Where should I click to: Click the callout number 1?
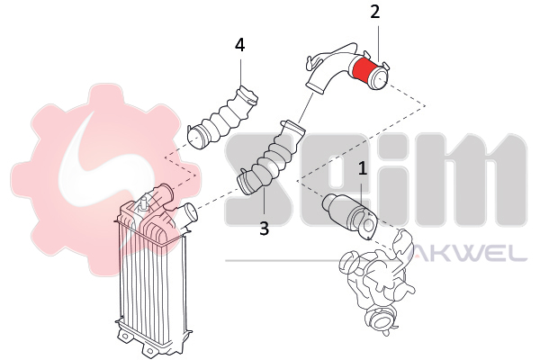point(363,169)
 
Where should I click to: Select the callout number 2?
point(375,12)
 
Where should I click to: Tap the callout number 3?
point(264,229)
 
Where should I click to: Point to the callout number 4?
point(240,45)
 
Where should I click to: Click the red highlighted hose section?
point(364,71)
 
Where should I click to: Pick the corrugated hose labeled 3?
point(271,158)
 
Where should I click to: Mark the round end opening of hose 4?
point(195,138)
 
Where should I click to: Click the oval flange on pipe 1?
point(369,224)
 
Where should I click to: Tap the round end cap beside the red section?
point(380,78)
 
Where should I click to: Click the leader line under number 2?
point(379,41)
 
